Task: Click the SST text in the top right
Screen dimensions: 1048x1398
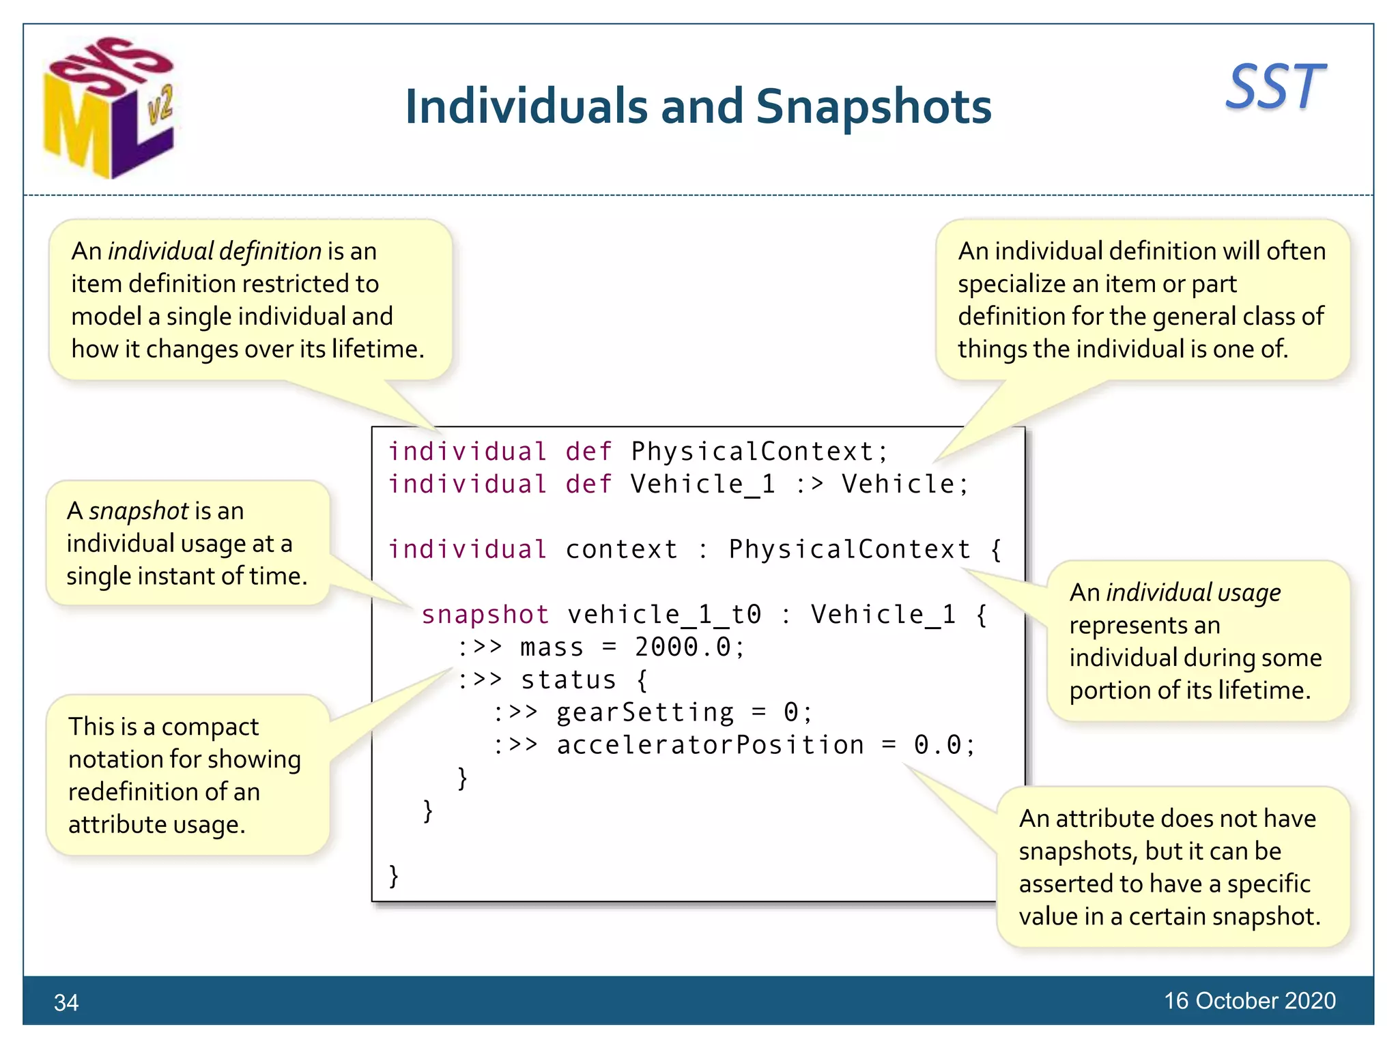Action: (x=1275, y=87)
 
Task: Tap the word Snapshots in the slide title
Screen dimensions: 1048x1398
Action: (x=873, y=107)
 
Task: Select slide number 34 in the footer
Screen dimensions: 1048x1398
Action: (x=66, y=1002)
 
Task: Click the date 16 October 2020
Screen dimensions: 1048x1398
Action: (x=1249, y=1000)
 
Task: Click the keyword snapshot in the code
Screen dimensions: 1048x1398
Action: (x=485, y=615)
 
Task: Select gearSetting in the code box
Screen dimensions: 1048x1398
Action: (x=645, y=712)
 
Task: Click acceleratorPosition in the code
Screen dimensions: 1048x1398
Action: (x=710, y=745)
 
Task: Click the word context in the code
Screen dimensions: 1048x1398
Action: (x=621, y=549)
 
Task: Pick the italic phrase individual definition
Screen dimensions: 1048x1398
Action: (x=214, y=251)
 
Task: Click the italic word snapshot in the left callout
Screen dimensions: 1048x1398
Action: (x=139, y=510)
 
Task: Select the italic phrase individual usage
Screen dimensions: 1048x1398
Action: (x=1193, y=592)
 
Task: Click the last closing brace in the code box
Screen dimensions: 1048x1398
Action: (x=393, y=875)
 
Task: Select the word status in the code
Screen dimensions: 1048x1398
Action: (x=568, y=680)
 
